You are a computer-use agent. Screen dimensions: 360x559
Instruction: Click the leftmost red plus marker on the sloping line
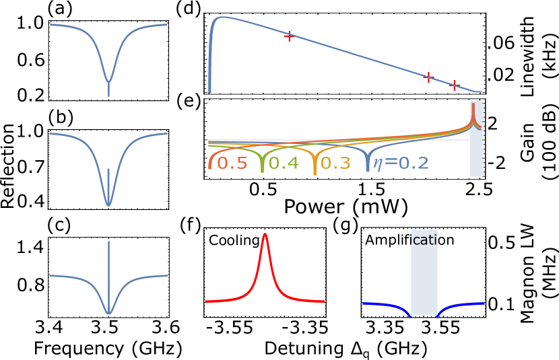289,36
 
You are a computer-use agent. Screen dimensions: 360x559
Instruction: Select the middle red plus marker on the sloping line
428,77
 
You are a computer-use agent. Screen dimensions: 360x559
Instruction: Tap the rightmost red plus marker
455,85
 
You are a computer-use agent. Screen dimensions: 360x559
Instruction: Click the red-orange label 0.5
232,164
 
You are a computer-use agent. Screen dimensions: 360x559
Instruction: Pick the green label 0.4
284,164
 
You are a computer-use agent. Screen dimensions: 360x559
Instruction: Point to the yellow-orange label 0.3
335,164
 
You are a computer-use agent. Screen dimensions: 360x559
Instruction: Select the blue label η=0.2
401,164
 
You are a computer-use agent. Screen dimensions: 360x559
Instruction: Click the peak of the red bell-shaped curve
265,234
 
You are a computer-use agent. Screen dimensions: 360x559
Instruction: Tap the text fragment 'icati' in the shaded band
424,240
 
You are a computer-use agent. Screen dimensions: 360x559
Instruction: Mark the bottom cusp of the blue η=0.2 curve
368,171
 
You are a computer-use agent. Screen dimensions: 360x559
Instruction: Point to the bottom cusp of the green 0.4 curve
263,171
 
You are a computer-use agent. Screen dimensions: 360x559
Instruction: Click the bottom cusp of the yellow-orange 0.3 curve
315,172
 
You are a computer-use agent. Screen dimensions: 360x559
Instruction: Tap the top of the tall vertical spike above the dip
108,242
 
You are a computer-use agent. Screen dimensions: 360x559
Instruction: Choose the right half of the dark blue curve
461,305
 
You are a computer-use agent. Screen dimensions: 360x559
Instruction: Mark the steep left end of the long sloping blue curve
210,81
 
